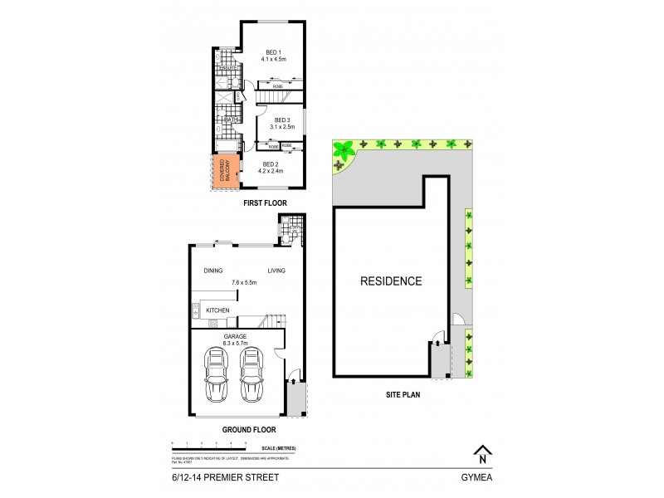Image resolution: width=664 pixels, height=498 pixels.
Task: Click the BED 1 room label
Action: coord(273,51)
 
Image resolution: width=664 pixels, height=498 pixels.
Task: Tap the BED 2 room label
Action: coord(273,164)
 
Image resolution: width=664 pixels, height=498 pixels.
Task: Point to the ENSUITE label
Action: coord(226,68)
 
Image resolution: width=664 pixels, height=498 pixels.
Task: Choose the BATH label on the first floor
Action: coord(231,120)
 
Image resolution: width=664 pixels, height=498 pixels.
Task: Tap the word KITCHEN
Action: coord(217,310)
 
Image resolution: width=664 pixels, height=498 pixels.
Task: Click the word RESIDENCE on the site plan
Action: coord(390,281)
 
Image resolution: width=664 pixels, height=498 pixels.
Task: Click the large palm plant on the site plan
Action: coord(342,150)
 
